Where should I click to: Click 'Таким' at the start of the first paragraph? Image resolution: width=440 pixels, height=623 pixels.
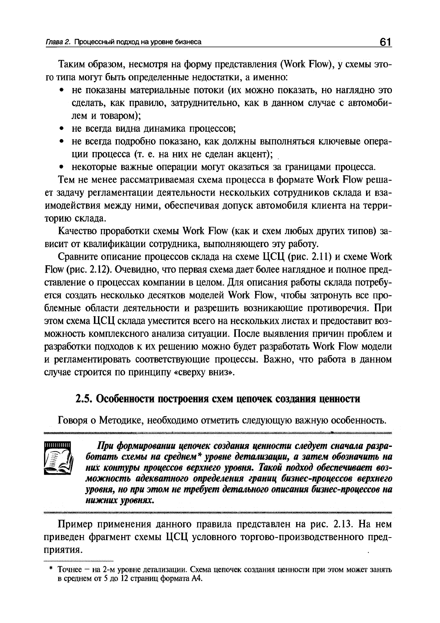pyautogui.click(x=71, y=65)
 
